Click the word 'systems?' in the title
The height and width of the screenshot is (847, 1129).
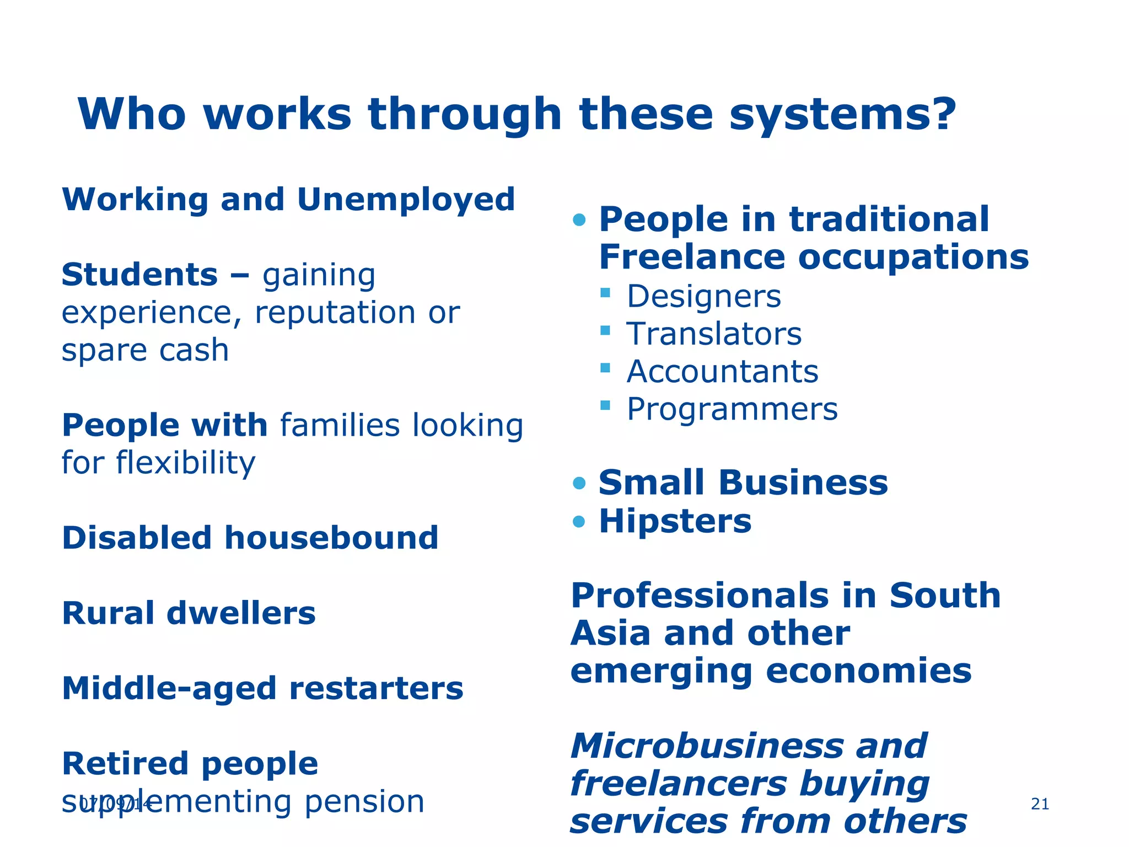[x=842, y=115]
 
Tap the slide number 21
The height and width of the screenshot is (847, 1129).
[x=1040, y=804]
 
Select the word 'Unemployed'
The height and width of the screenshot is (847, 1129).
[x=406, y=199]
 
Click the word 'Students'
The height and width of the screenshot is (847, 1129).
[x=140, y=275]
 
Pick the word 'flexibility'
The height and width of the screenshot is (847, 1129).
[x=185, y=462]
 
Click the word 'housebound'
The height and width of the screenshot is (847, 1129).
[x=331, y=538]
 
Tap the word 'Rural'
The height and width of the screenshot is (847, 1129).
[x=107, y=613]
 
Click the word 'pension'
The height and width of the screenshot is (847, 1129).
[x=364, y=801]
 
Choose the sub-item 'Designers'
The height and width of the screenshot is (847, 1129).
[x=704, y=297]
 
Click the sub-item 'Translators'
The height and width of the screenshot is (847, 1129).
[x=714, y=334]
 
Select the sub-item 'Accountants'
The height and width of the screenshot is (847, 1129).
[x=723, y=372]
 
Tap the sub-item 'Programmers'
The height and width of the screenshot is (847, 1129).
[x=732, y=409]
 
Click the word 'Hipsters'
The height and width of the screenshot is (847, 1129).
[x=675, y=521]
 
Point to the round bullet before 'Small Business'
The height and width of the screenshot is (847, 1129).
[x=579, y=484]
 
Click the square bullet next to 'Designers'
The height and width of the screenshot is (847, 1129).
[x=605, y=292]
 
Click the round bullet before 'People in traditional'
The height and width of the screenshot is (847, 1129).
[x=579, y=221]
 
